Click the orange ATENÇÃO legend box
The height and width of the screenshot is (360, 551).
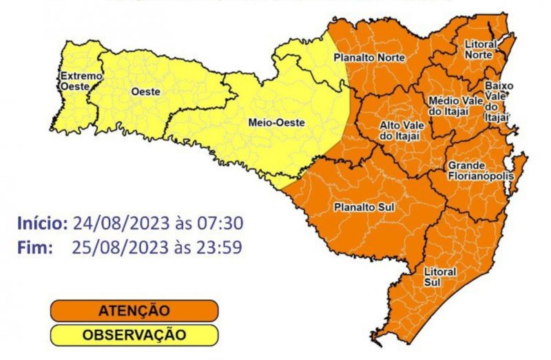[x=134, y=310]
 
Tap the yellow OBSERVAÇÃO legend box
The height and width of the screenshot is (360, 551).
[x=134, y=335]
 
